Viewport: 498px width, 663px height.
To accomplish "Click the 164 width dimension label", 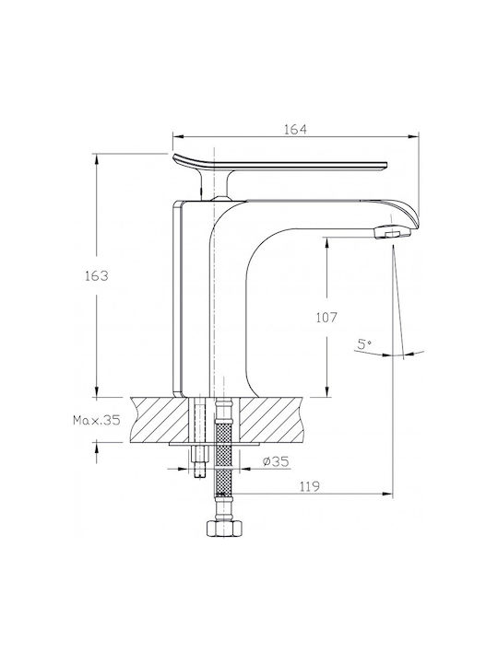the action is pos(295,129).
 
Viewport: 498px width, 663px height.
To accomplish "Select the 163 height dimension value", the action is pos(97,276).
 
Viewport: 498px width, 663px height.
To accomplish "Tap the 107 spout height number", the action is pos(326,318).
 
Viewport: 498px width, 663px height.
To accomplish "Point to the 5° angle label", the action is pos(363,343).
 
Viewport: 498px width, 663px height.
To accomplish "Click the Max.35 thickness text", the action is pos(97,420).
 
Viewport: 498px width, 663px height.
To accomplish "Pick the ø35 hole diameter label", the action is pos(276,461).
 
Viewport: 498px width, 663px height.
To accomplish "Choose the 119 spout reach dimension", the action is pos(310,487).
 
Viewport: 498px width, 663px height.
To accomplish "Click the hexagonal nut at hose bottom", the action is pos(224,529).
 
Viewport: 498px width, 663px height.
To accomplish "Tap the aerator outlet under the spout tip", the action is pos(393,233).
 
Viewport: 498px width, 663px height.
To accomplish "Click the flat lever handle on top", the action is pos(279,165).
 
